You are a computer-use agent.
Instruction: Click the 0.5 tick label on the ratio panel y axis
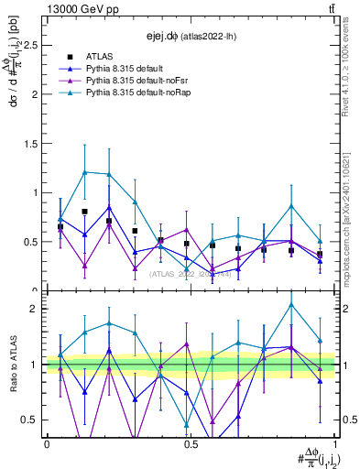30,420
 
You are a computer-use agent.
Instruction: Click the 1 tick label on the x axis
333,443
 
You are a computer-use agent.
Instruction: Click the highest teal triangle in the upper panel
85,171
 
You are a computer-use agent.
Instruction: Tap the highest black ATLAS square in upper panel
85,212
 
